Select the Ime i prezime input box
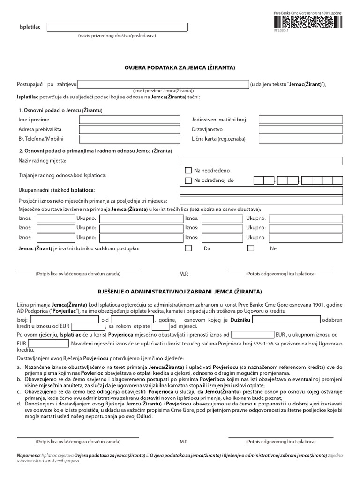pyautogui.click(x=129, y=120)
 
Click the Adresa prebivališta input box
pyautogui.click(x=129, y=129)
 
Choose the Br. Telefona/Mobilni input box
pyautogui.click(x=129, y=139)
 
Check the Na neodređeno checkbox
pyautogui.click(x=188, y=171)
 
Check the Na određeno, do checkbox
pyautogui.click(x=188, y=180)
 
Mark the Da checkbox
pyautogui.click(x=188, y=248)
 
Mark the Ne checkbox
pyautogui.click(x=251, y=248)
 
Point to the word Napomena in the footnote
pyautogui.click(x=28, y=456)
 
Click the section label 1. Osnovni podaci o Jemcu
pyautogui.click(x=60, y=110)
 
